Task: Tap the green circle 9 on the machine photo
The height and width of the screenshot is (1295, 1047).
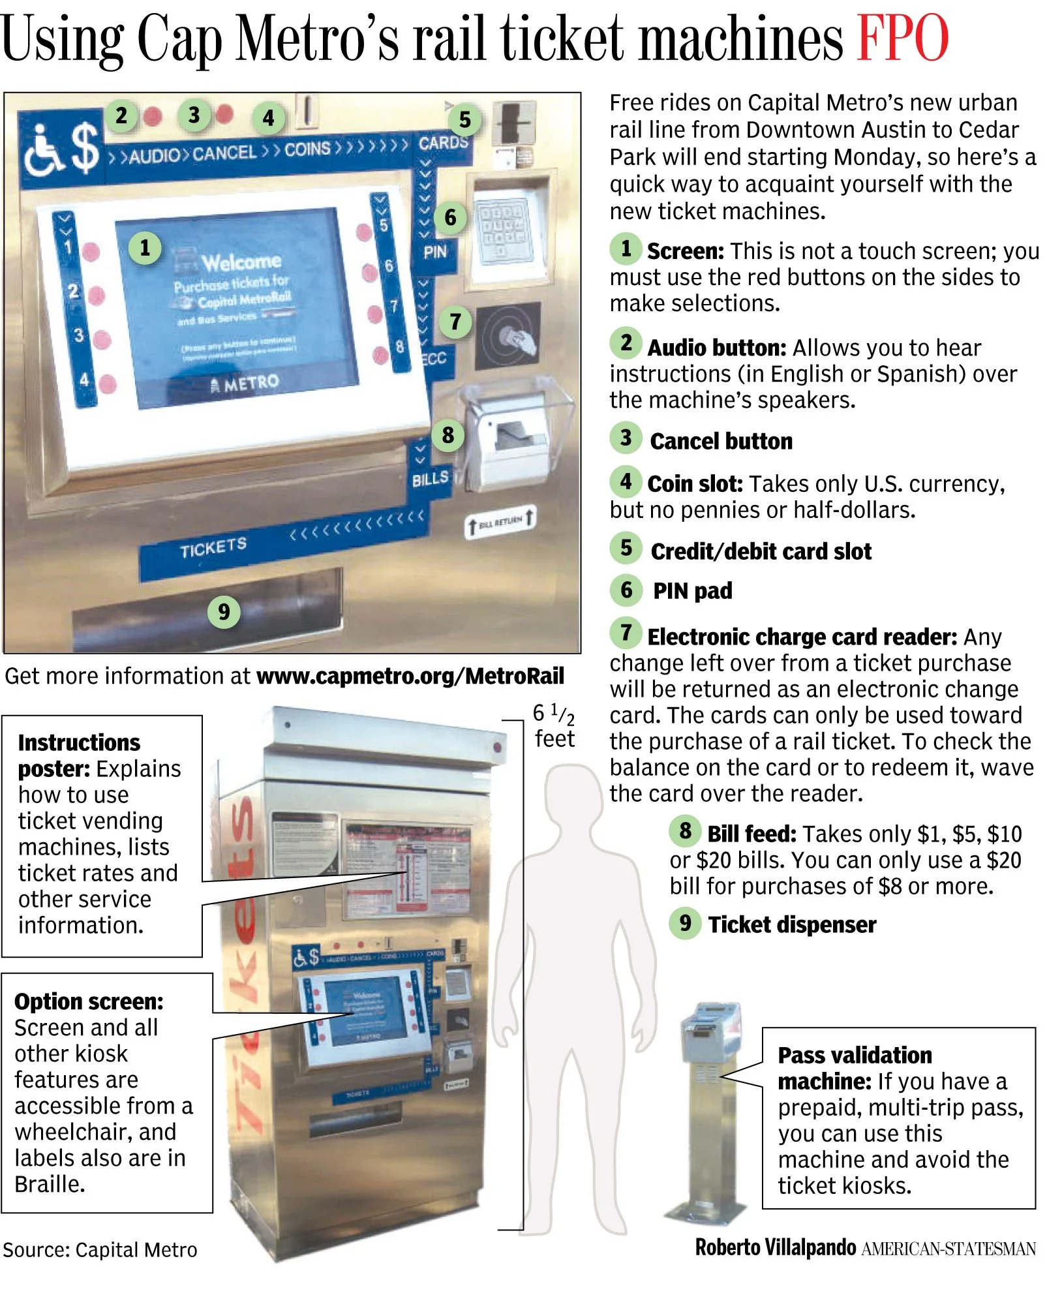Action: coord(224,612)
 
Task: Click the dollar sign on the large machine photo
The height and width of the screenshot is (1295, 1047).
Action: coord(85,149)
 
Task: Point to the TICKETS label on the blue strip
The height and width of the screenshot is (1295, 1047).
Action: coord(213,548)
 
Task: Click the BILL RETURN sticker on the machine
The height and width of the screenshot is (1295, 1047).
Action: coord(500,522)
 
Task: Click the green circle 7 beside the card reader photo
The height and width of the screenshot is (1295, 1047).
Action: coord(455,322)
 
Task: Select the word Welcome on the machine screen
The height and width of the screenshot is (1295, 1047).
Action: coord(241,262)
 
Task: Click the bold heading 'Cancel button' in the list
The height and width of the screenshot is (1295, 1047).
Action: coord(721,442)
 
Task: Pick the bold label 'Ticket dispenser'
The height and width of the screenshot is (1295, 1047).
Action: coord(792,925)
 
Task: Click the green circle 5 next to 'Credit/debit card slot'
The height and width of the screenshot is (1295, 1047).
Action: coord(626,548)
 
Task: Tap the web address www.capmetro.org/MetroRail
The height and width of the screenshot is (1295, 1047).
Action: coord(410,677)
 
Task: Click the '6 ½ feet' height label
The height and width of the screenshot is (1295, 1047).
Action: coord(554,725)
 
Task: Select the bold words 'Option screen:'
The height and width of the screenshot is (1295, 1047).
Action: coord(89,1001)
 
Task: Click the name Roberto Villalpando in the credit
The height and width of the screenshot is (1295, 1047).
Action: coord(775,1247)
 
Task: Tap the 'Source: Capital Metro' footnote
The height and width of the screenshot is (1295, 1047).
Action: coord(100,1249)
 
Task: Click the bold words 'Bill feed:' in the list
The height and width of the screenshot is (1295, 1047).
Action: coord(751,834)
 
